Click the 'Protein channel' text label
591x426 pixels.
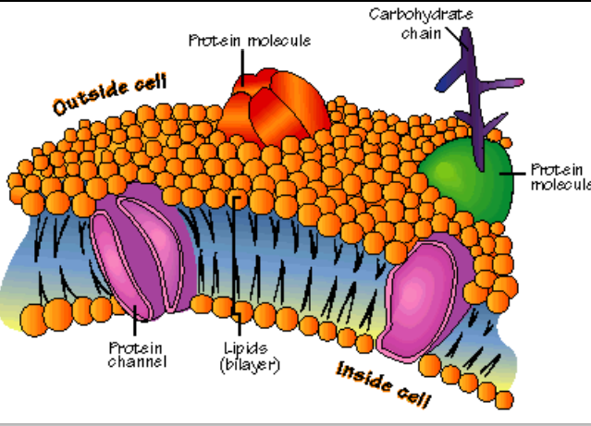point(137,354)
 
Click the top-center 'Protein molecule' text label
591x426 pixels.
point(250,41)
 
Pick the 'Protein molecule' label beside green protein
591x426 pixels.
point(560,176)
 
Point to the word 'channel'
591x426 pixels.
point(137,361)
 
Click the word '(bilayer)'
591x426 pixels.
point(249,365)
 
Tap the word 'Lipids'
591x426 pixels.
point(244,347)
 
